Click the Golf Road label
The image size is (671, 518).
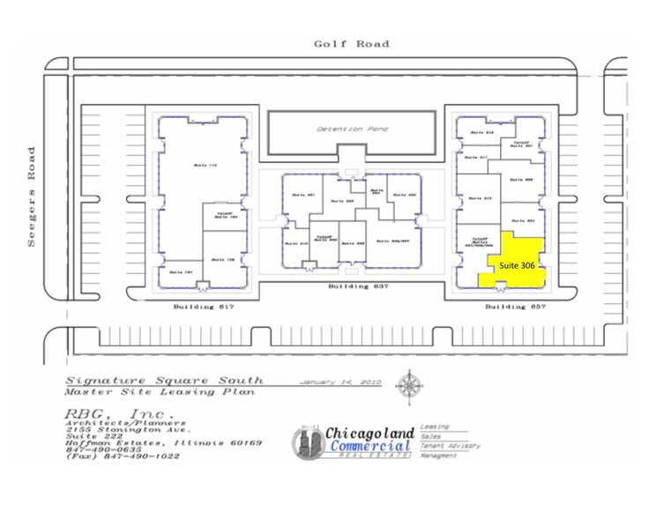point(351,43)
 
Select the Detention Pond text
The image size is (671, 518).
point(352,129)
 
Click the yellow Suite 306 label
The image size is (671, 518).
point(517,264)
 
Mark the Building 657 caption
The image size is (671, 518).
point(505,307)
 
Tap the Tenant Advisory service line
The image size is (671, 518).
point(451,446)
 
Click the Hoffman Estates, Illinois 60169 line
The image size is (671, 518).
point(164,442)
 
